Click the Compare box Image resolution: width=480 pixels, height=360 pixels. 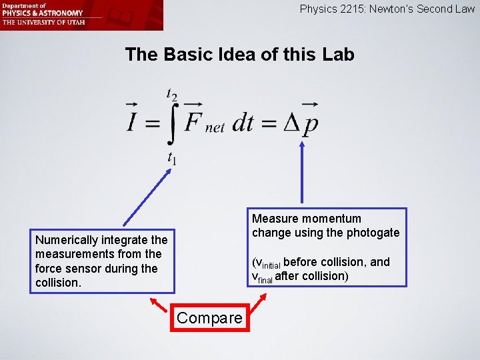click(209, 318)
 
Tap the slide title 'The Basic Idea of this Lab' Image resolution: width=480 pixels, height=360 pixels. click(239, 55)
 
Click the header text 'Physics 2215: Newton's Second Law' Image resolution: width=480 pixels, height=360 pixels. click(387, 9)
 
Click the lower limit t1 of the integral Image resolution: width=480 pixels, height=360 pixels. click(172, 158)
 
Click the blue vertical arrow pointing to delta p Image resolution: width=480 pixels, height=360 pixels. click(302, 173)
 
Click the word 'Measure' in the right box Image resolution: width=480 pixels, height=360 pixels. click(275, 219)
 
